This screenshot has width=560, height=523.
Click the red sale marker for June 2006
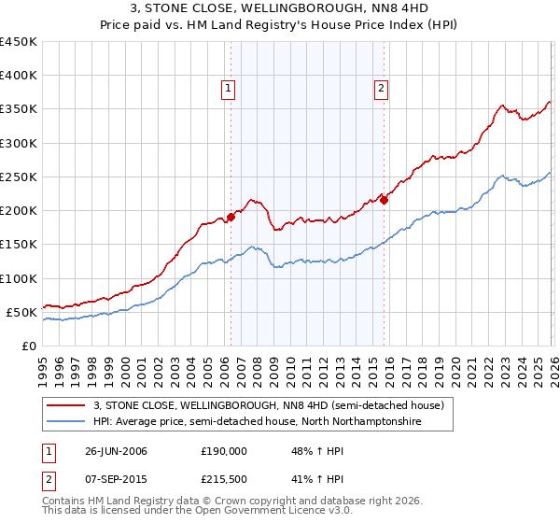[231, 218]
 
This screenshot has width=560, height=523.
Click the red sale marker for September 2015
[384, 200]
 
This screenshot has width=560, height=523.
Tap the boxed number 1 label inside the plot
[229, 90]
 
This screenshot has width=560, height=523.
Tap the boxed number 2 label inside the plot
[382, 90]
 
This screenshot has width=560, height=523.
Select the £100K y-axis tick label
[19, 278]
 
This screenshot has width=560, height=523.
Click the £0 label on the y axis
[28, 346]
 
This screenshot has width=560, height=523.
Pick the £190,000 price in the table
[224, 450]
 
